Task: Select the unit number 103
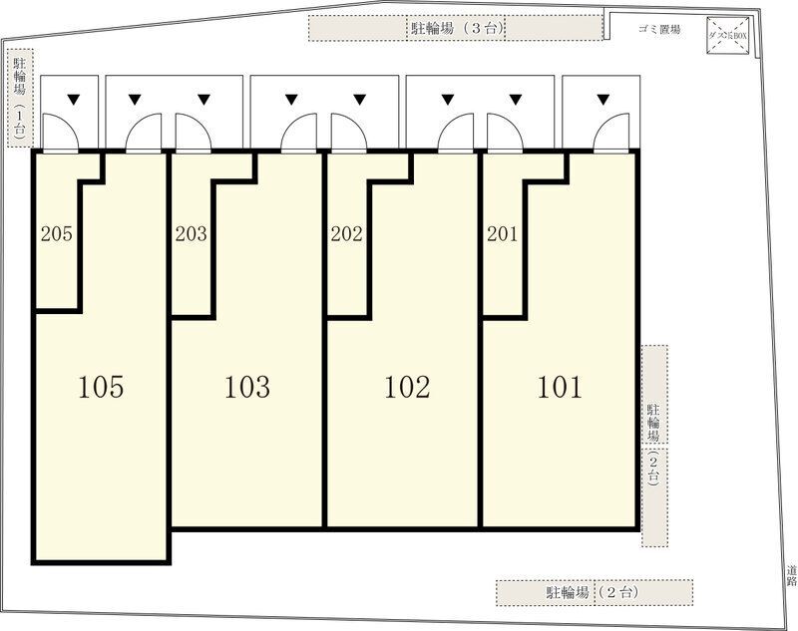pos(246,387)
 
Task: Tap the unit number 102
pos(407,387)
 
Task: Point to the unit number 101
pos(560,387)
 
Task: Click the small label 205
pos(56,235)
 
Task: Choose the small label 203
pos(191,235)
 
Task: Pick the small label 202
pos(346,235)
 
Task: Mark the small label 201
pos(502,235)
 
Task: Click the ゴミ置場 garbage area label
pos(659,30)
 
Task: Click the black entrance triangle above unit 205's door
pos(73,99)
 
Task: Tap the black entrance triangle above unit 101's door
pos(601,99)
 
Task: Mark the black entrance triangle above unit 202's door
pos(359,99)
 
